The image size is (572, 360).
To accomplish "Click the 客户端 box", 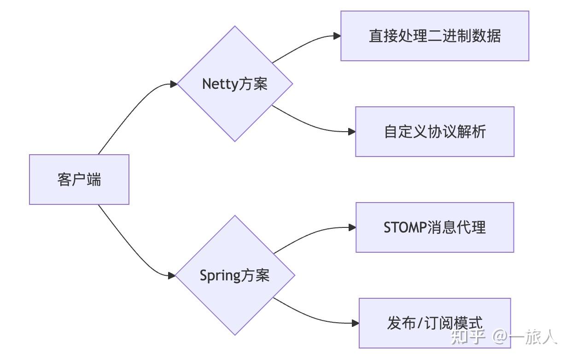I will [79, 180].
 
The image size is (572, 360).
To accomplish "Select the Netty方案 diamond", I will [235, 84].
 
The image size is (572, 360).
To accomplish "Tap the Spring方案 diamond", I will [235, 275].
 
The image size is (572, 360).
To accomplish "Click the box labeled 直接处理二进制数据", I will [434, 36].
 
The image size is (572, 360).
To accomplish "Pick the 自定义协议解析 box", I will [434, 132].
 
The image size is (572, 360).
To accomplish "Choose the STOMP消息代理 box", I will [434, 227].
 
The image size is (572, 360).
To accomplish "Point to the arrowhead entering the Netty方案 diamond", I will [174, 84].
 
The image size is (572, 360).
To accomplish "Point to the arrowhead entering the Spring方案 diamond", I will [172, 276].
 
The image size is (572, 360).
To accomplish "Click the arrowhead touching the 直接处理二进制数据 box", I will [337, 36].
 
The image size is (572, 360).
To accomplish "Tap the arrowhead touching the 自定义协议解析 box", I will [352, 132].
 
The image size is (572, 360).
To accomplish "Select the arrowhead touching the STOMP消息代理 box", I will [352, 227].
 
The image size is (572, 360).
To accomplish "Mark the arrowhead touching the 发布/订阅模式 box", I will [355, 323].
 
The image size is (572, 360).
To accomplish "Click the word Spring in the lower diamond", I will [220, 276].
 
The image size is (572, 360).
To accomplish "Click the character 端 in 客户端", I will [94, 180].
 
